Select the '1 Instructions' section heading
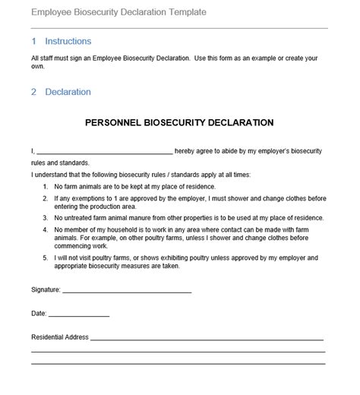(x=62, y=42)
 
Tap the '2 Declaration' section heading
(x=62, y=92)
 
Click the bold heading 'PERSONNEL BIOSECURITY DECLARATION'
(x=179, y=122)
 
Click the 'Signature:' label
(x=45, y=290)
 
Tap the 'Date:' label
(x=39, y=313)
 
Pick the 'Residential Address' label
(x=60, y=337)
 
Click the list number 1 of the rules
(x=46, y=187)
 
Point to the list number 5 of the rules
(x=46, y=258)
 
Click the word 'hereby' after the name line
(x=188, y=151)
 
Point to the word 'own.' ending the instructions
(x=38, y=66)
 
